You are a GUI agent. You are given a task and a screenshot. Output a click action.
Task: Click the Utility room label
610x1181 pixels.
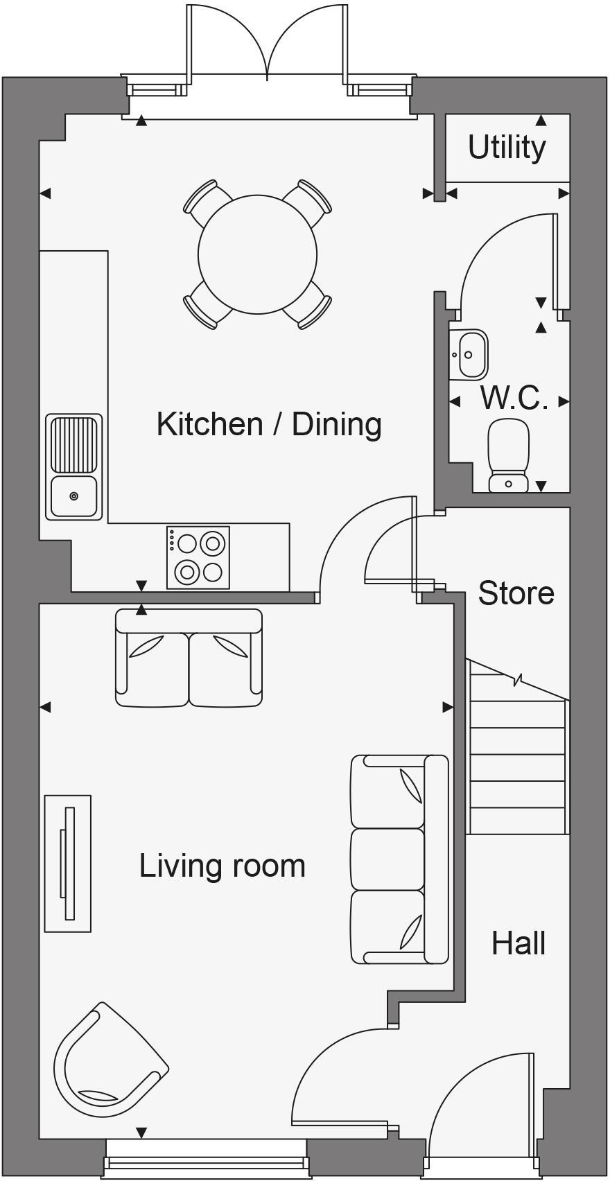click(507, 148)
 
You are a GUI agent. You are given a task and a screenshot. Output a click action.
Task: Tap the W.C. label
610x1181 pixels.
click(514, 399)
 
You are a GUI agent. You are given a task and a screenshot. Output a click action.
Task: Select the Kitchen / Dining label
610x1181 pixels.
click(269, 424)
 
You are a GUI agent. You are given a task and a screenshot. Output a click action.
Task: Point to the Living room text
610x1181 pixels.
click(222, 866)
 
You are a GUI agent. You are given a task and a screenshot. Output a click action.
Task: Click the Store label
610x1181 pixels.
click(516, 593)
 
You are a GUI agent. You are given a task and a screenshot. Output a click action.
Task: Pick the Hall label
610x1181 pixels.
click(518, 943)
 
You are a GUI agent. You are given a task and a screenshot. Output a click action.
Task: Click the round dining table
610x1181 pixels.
click(257, 254)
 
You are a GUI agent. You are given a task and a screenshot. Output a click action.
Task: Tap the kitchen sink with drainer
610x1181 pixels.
click(74, 466)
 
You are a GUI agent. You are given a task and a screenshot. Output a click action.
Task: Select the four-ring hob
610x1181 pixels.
click(198, 558)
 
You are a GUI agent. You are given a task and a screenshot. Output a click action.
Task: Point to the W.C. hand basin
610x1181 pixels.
click(469, 355)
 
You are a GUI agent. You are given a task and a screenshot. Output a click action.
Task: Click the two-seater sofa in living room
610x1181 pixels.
click(189, 658)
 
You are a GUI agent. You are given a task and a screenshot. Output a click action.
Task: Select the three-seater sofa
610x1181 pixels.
click(399, 859)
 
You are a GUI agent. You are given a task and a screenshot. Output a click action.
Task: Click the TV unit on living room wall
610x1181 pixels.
click(68, 863)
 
